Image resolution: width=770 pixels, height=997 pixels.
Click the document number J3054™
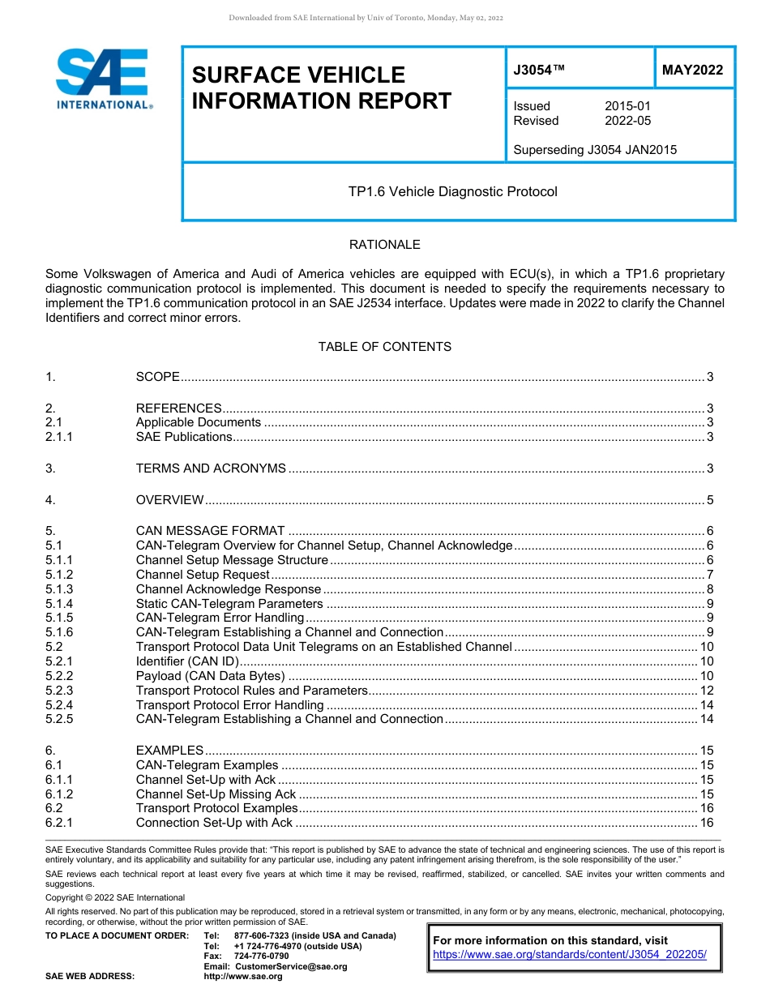click(538, 71)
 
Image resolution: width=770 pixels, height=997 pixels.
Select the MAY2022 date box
click(692, 71)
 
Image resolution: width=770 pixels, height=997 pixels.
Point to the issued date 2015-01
click(627, 106)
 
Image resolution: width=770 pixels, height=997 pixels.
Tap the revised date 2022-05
click(627, 121)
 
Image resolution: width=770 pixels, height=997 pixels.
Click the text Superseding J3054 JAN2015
click(595, 150)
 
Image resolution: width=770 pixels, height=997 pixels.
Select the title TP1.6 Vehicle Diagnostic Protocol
click(452, 192)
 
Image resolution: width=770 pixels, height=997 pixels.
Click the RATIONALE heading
click(384, 245)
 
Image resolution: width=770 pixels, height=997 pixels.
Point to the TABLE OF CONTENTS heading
click(384, 347)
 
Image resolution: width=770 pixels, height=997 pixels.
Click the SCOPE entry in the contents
click(157, 377)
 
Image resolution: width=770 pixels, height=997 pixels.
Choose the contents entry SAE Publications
click(184, 437)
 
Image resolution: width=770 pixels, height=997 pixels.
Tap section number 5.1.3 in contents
click(59, 589)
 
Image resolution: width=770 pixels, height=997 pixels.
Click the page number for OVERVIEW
click(709, 500)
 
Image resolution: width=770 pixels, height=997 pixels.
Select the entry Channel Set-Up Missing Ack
click(216, 794)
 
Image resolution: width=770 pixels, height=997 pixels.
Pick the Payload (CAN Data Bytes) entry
click(211, 676)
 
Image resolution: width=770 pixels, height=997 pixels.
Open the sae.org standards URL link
click(570, 955)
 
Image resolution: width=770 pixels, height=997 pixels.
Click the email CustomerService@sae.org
click(290, 966)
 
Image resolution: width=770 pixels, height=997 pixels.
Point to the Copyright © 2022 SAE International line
click(115, 897)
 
